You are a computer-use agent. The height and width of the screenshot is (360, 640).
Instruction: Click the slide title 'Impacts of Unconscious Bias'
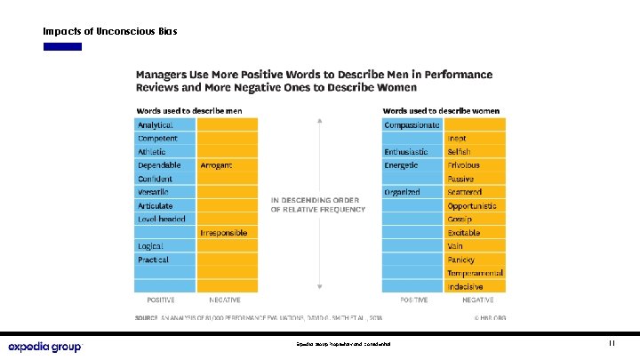110,31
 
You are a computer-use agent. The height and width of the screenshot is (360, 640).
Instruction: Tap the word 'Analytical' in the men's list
156,125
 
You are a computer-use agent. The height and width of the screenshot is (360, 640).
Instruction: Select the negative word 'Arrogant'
216,165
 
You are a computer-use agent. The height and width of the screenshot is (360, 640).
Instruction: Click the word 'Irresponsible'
223,232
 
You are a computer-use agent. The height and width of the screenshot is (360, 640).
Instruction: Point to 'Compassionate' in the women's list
412,125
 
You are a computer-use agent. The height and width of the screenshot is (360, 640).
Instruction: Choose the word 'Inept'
458,139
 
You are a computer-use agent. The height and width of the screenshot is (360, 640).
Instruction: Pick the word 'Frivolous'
464,165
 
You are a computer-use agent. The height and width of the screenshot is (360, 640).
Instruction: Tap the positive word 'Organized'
402,192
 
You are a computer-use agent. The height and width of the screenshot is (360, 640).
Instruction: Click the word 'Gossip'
460,219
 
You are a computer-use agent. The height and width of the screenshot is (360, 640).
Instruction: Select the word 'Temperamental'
476,272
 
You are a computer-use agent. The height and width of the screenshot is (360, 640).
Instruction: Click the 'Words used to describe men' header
188,111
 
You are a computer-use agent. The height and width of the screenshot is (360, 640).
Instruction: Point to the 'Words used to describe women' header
441,111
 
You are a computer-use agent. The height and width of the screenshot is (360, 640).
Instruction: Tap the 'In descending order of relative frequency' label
317,204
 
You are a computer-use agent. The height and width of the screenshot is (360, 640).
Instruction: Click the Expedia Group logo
44,346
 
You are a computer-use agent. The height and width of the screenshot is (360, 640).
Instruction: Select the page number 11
612,343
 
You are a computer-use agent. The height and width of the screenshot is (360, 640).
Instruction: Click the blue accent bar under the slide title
62,46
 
